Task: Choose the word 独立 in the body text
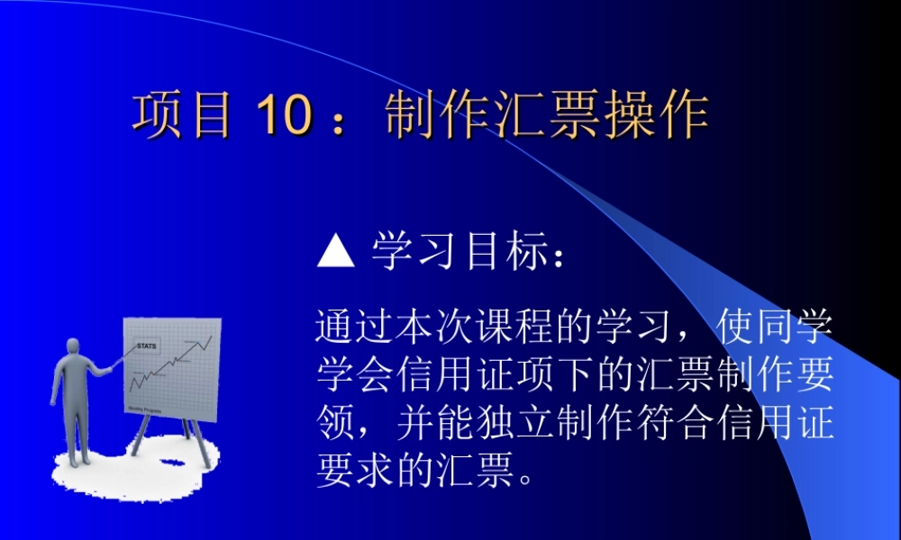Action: pos(513,423)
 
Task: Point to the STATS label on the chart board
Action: pos(146,346)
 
